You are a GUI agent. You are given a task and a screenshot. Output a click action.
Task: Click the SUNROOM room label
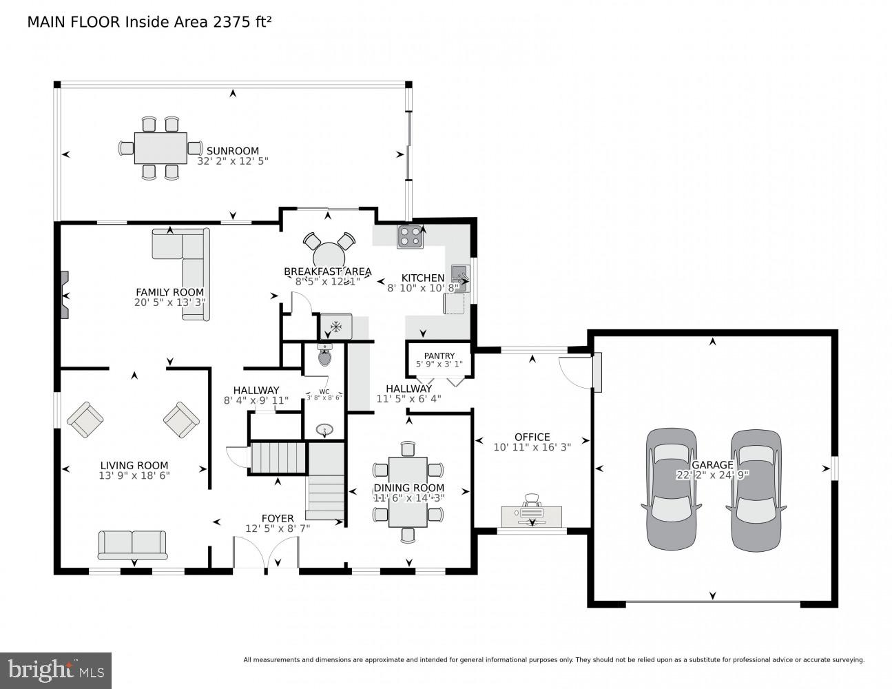(232, 151)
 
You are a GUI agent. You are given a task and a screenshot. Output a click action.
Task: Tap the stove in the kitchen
(409, 236)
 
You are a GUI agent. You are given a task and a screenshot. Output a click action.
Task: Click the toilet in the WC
(324, 356)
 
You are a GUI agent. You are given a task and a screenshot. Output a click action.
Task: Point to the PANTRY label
(439, 356)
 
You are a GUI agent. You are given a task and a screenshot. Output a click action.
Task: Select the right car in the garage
(756, 489)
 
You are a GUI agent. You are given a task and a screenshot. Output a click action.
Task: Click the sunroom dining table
(160, 147)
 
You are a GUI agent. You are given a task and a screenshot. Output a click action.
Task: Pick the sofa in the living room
(132, 544)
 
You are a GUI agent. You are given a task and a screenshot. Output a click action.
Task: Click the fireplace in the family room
(65, 295)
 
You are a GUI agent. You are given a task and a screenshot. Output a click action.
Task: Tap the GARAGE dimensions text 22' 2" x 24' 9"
(712, 475)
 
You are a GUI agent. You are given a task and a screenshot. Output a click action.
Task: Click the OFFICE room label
(532, 437)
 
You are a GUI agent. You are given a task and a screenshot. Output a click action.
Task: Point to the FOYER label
(278, 518)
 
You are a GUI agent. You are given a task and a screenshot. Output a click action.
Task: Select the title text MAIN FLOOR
(73, 22)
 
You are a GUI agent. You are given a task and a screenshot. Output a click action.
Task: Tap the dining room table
(407, 492)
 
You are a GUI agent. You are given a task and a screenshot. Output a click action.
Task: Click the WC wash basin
(324, 430)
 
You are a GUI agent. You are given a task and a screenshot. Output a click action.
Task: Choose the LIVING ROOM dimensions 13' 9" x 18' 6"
(134, 475)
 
